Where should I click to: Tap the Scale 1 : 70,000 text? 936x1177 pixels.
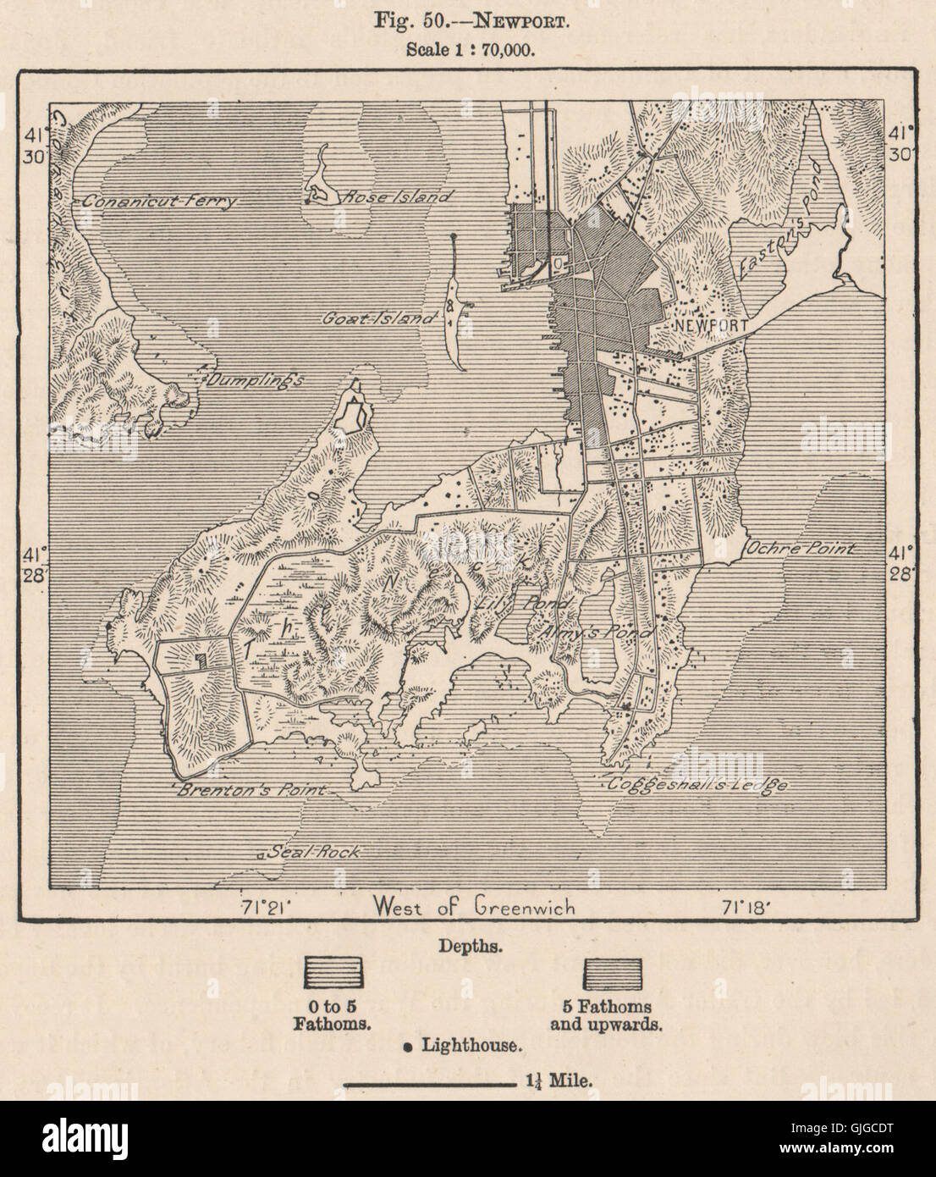coord(468,48)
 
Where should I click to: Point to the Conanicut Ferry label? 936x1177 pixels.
coord(159,202)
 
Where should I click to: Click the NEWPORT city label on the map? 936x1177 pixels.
coord(710,324)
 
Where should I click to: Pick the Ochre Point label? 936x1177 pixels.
coord(800,549)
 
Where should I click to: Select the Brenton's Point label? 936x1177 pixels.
coord(251,791)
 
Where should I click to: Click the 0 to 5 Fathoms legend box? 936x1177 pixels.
coord(333,973)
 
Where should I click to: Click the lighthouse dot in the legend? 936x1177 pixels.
coord(407,1047)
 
